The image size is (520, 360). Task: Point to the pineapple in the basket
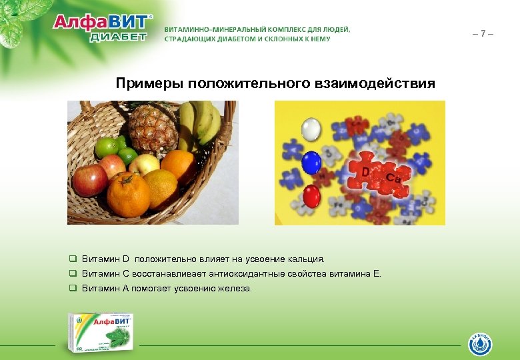click(153, 128)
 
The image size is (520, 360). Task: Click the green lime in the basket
click(109, 147)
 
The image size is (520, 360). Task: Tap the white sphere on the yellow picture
click(311, 129)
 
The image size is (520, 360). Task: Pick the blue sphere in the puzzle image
click(311, 162)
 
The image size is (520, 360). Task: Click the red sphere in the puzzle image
click(312, 195)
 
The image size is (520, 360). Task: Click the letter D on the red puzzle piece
click(365, 173)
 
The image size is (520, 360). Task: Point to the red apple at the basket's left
click(88, 179)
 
